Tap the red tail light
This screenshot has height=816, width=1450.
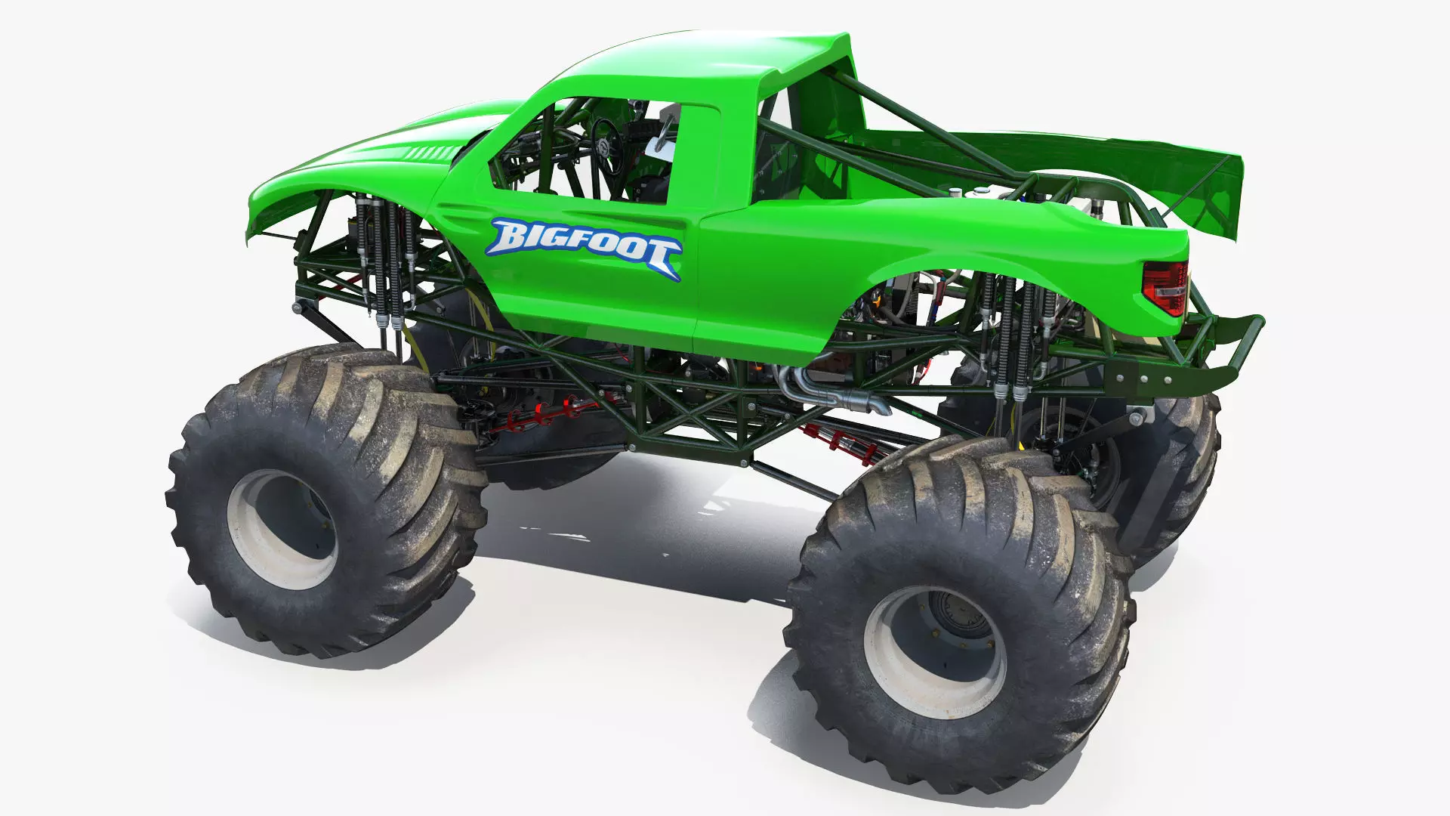[x=1164, y=288]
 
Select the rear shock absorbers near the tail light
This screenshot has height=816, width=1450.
[x=1008, y=332]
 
